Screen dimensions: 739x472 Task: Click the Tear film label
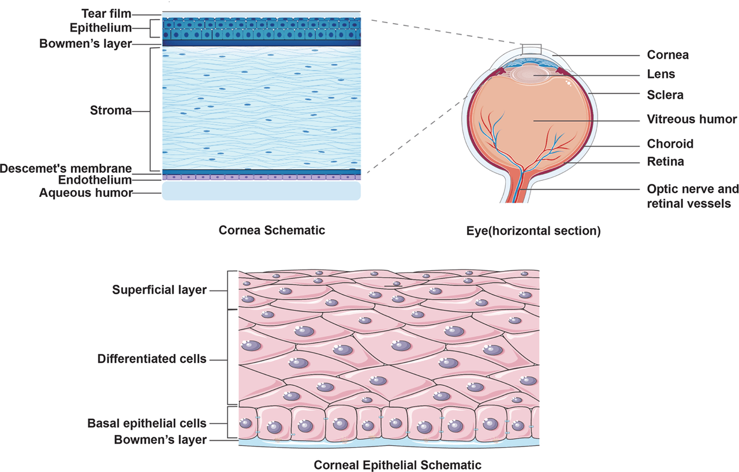point(106,13)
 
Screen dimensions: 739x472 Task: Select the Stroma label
point(111,110)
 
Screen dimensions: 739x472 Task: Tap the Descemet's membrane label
point(66,169)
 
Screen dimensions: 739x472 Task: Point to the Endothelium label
point(95,180)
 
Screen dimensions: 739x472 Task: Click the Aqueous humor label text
point(86,193)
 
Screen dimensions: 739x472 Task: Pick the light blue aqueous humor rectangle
point(262,191)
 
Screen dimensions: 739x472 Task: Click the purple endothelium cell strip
point(262,177)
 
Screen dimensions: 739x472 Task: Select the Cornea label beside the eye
point(668,55)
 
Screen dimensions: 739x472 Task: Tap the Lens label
point(661,74)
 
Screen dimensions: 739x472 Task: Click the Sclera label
point(665,95)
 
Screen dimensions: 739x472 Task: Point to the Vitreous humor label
point(692,119)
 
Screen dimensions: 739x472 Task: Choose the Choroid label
point(670,144)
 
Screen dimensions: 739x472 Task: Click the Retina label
point(666,162)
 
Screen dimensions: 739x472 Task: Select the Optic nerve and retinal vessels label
point(693,196)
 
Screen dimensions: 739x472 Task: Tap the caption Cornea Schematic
point(271,231)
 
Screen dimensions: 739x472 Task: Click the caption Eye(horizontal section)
point(533,231)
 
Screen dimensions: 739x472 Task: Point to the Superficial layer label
point(159,290)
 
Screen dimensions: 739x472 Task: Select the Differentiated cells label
point(152,359)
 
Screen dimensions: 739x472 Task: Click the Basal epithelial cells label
point(147,423)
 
